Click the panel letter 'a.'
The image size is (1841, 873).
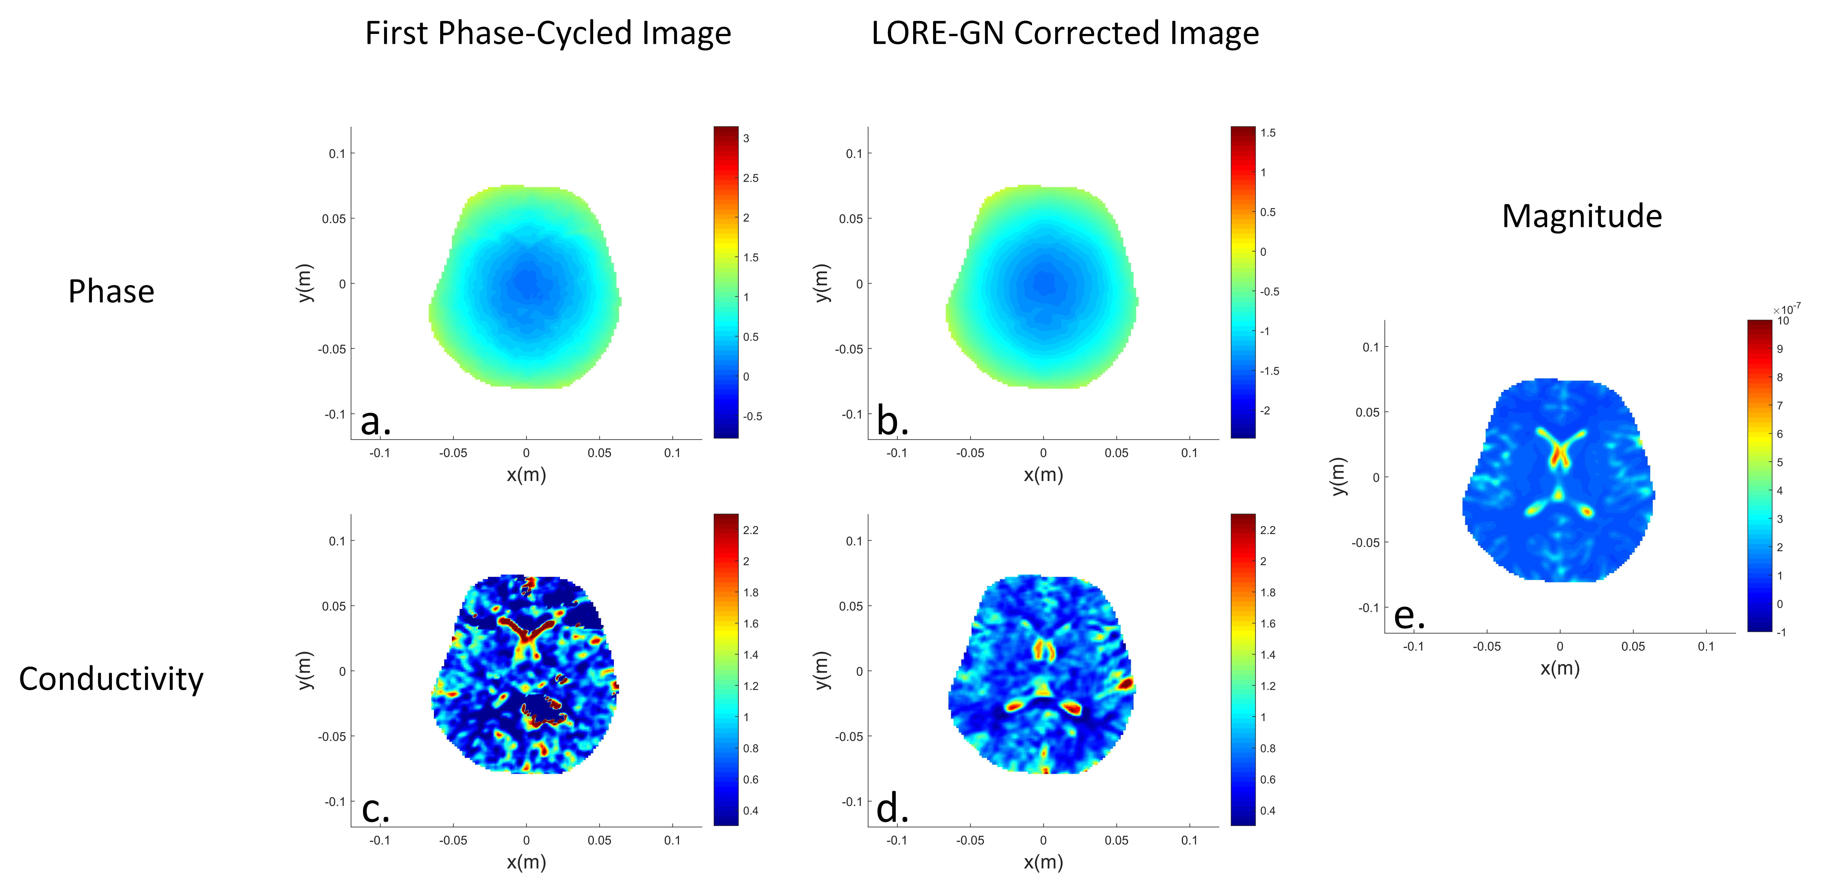(375, 421)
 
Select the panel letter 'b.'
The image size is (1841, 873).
(892, 421)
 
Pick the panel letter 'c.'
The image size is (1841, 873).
(375, 809)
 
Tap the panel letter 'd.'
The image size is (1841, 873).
(892, 809)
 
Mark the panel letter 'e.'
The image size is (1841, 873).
(1409, 616)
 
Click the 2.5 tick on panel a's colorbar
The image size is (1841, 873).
(750, 178)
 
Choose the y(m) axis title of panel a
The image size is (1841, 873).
(304, 283)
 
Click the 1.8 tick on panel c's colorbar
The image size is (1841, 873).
(750, 592)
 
